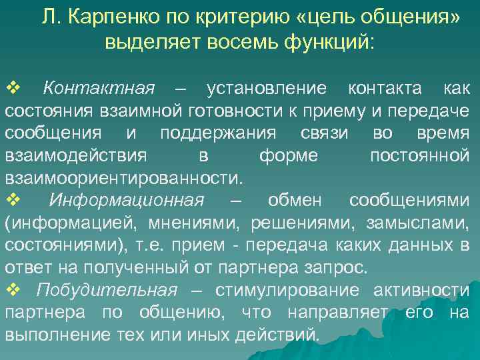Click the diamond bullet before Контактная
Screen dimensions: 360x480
[13, 89]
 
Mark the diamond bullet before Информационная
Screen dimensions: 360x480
[13, 201]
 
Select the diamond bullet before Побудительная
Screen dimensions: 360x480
[13, 290]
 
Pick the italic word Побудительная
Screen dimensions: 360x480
[107, 290]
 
